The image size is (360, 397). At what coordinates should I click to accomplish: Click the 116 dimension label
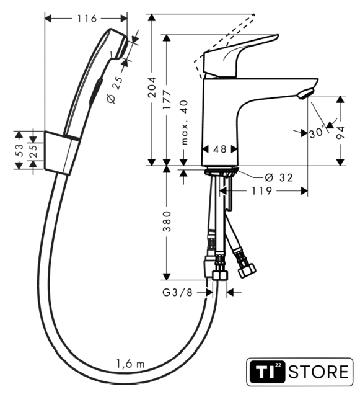87,19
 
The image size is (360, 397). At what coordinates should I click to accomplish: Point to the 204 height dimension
152,87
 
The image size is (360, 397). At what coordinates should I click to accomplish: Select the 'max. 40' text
185,122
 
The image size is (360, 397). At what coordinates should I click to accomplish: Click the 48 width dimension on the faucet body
219,149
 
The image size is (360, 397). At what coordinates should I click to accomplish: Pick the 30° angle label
317,132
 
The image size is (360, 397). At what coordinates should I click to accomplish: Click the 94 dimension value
341,132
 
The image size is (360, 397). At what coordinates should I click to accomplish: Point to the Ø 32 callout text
279,177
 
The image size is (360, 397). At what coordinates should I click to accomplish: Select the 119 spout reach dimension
262,190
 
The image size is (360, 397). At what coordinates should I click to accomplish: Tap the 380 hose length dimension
167,221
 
